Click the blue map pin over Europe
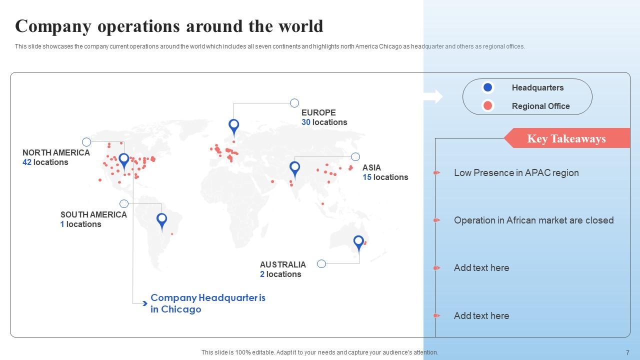pos(233,126)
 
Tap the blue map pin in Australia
pos(358,242)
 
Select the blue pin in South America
pos(161,219)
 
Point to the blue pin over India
pos(295,168)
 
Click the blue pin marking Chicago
pos(124,160)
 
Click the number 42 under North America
pos(27,162)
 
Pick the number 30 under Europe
pos(306,122)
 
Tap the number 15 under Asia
pos(367,177)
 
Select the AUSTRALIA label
pos(283,264)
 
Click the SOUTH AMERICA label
pos(93,215)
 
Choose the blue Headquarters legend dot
pos(487,87)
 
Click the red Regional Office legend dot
pos(487,106)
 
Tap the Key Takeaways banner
pos(566,138)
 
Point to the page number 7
pos(627,352)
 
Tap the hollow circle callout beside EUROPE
pos(294,103)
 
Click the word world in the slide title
pos(298,26)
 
